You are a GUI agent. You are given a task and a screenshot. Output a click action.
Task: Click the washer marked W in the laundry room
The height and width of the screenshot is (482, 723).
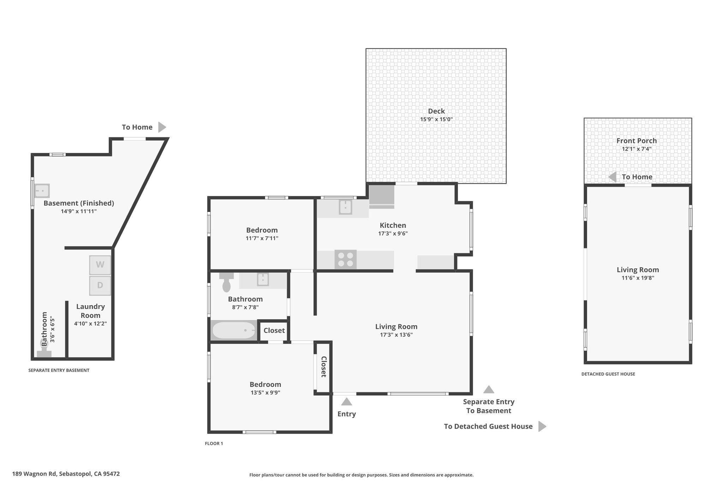[x=100, y=265]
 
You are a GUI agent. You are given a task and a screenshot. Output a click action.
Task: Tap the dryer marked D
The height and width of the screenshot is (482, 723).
[x=100, y=285]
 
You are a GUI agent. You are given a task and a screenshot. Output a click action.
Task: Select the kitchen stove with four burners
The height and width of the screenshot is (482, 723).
[x=346, y=260]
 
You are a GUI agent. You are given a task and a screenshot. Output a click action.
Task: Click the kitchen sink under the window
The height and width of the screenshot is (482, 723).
[x=345, y=207]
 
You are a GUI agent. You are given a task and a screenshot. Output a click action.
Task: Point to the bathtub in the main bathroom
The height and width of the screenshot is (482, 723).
[x=234, y=331]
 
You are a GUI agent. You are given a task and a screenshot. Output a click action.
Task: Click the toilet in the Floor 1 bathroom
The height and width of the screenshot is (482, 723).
[x=226, y=282]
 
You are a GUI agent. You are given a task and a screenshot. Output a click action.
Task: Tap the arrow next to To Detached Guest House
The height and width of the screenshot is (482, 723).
[x=542, y=426]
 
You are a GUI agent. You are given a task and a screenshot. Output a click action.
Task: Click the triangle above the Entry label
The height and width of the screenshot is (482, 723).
[x=347, y=401]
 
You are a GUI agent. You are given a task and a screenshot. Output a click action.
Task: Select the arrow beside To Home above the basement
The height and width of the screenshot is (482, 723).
[x=162, y=127]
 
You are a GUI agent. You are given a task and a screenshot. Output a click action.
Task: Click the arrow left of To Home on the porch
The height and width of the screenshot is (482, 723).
[x=613, y=177]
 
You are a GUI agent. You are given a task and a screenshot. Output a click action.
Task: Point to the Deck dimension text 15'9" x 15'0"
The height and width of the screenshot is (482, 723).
[x=436, y=119]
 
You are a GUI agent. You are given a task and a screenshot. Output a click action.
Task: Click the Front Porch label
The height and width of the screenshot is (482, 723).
[x=637, y=141]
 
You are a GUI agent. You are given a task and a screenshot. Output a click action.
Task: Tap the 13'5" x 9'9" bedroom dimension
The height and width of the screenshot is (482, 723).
[x=265, y=392]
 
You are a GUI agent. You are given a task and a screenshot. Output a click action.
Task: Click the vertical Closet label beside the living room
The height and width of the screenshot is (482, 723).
[x=323, y=367]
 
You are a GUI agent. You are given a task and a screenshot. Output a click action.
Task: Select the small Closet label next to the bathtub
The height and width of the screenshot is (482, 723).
[x=274, y=331]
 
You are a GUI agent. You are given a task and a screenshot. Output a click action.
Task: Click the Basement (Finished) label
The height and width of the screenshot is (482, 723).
[x=79, y=203]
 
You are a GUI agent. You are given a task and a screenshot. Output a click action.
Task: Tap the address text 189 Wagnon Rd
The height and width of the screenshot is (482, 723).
[x=34, y=474]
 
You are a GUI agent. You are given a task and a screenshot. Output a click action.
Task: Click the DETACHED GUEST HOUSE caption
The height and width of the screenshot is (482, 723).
[x=608, y=374]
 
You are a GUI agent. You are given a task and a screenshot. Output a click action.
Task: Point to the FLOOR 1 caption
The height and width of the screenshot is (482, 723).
[x=214, y=444]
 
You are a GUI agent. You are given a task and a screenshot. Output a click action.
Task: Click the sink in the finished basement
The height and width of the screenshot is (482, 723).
[x=42, y=191]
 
